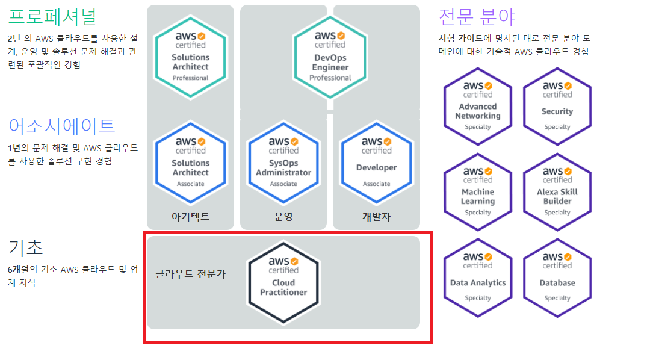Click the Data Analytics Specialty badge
[478, 277]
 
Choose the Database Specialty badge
[557, 277]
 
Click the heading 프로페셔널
[52, 17]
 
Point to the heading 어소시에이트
[61, 126]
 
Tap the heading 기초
[26, 247]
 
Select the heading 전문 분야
[477, 17]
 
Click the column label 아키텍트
[190, 217]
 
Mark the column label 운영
[283, 217]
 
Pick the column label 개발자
[376, 217]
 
